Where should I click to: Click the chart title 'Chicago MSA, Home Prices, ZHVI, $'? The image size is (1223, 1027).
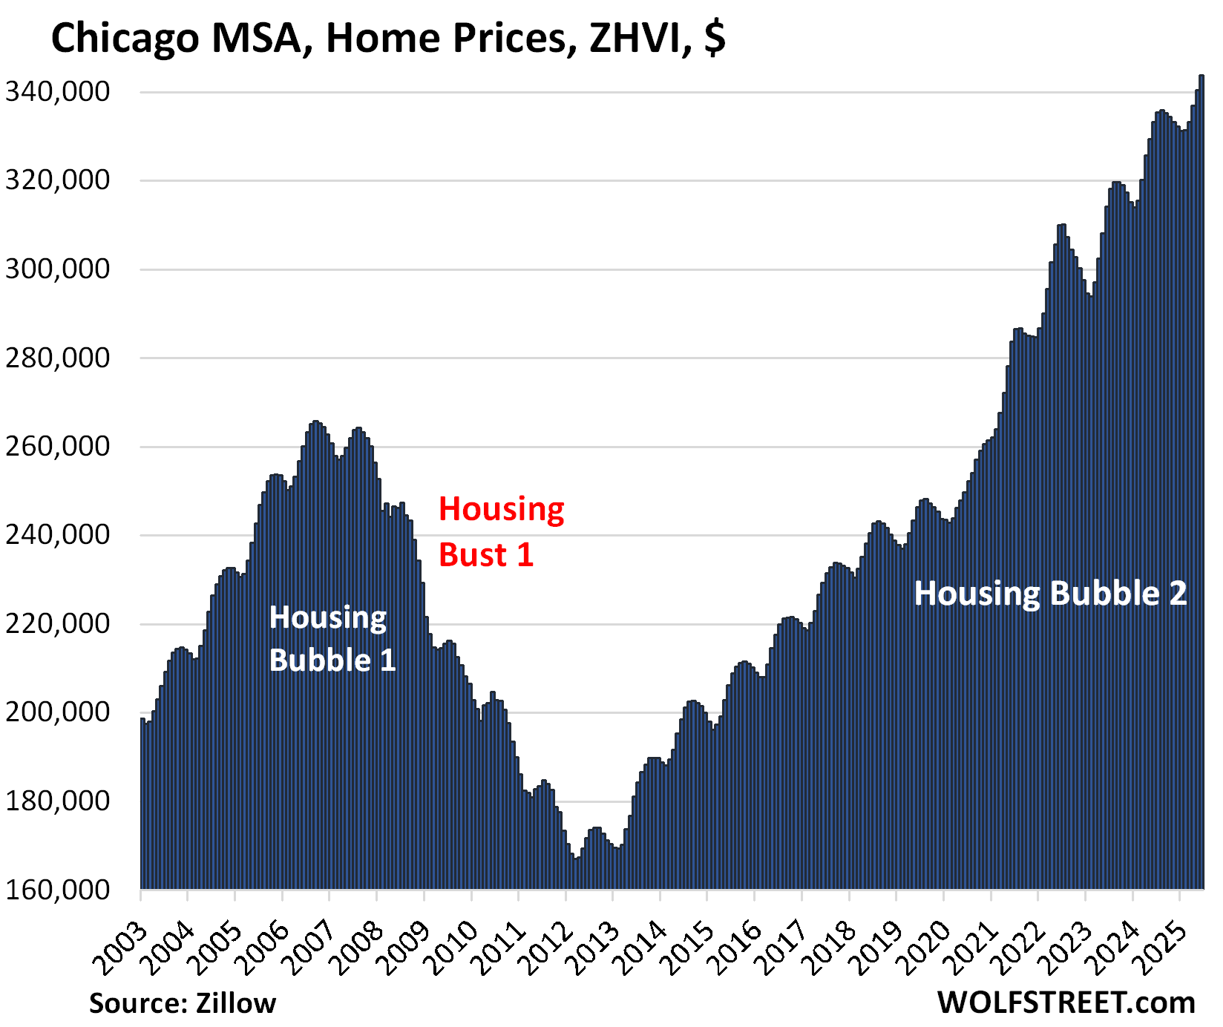(x=387, y=39)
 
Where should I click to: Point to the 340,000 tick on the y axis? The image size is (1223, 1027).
(x=58, y=92)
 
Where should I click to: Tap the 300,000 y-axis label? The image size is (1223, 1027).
(x=58, y=269)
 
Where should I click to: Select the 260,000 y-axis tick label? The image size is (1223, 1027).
(x=58, y=447)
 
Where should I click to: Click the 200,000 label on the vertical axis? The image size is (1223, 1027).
(x=58, y=712)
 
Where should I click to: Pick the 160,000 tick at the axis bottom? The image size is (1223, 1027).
(x=58, y=890)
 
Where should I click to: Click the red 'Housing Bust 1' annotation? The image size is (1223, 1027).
(x=501, y=532)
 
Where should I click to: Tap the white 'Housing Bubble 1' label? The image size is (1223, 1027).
(x=331, y=639)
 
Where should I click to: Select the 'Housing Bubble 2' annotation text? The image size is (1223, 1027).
(x=1049, y=594)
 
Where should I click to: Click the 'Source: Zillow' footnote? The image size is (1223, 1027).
(x=183, y=1003)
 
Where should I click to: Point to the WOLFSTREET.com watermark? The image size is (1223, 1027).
(x=1066, y=1003)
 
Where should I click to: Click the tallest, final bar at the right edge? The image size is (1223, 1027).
(x=1201, y=482)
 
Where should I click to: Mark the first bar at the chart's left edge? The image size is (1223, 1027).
(x=142, y=801)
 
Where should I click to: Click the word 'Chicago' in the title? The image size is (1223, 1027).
(x=125, y=39)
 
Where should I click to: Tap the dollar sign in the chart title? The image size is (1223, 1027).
(x=715, y=39)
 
